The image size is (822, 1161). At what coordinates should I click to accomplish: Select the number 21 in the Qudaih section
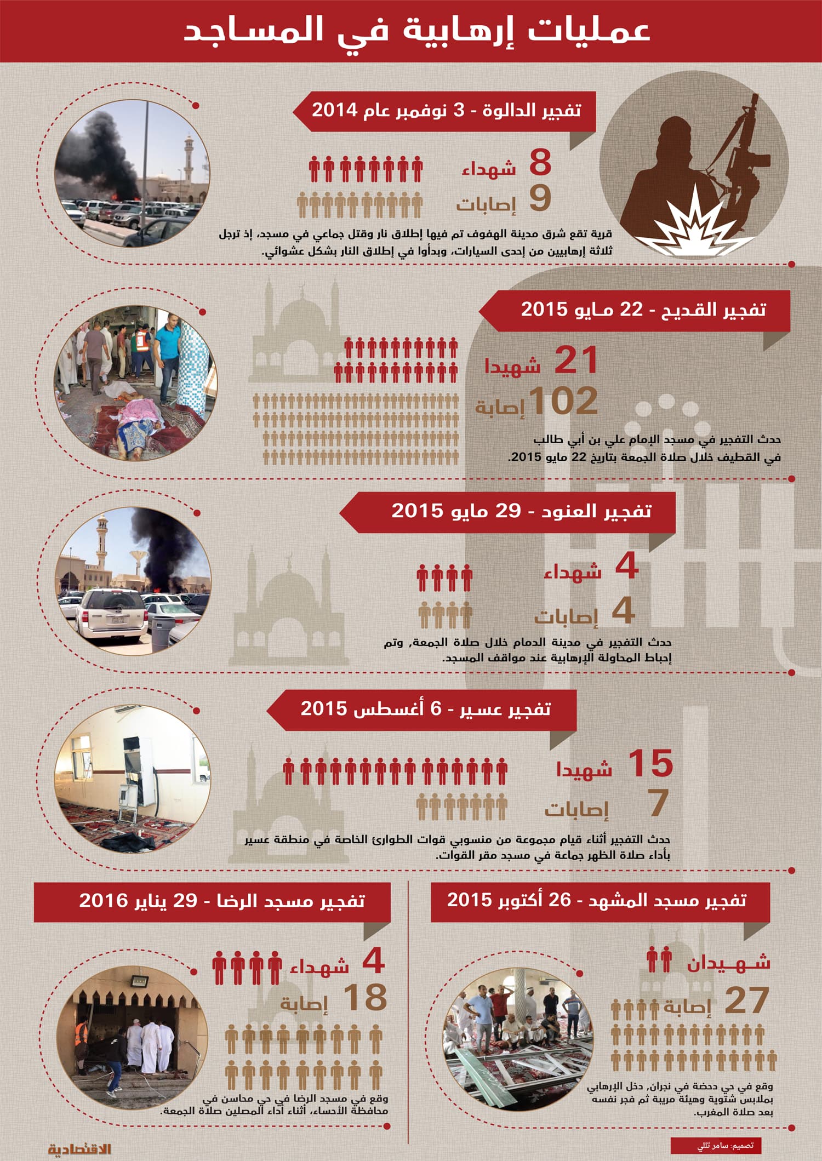pos(575,361)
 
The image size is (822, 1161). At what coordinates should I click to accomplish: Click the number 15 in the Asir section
pos(650,763)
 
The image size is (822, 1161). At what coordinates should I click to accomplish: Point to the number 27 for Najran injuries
pos(746,1000)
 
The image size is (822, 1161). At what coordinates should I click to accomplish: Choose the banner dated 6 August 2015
pos(425,709)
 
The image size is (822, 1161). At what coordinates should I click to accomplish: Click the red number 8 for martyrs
pos(540,163)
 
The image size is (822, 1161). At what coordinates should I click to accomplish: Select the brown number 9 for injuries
pos(540,198)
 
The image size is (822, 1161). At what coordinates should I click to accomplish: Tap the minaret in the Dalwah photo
pos(189,159)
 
